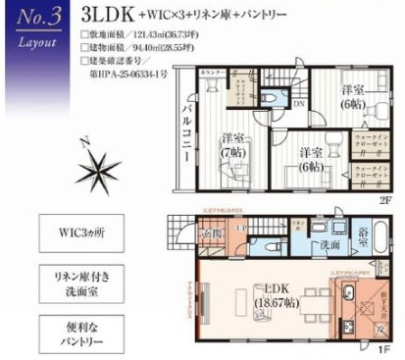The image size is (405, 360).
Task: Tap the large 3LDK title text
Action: (x=112, y=17)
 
